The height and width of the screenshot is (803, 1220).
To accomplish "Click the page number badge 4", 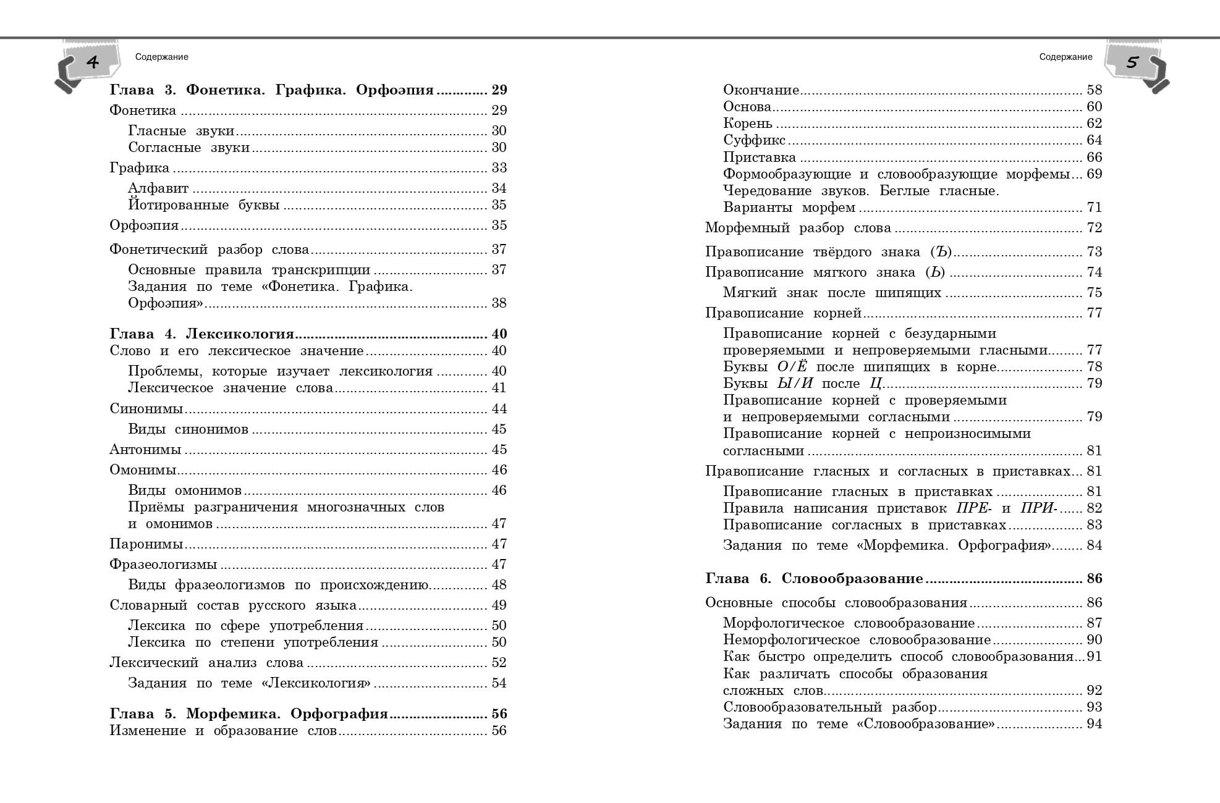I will pyautogui.click(x=92, y=62).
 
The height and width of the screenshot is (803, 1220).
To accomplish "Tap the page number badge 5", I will pyautogui.click(x=1132, y=62).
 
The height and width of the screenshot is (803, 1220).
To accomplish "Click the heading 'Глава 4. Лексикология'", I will pyautogui.click(x=201, y=334).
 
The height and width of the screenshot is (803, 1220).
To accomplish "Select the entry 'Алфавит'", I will pyautogui.click(x=158, y=188).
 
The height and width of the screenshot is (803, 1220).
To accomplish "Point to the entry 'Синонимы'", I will pyautogui.click(x=146, y=409).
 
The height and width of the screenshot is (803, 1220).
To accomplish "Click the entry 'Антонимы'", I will pyautogui.click(x=145, y=450).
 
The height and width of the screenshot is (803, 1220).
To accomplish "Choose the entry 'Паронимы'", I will pyautogui.click(x=146, y=544).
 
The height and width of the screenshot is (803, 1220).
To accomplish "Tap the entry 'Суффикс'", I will pyautogui.click(x=754, y=140).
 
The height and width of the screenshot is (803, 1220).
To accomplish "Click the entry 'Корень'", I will pyautogui.click(x=747, y=124).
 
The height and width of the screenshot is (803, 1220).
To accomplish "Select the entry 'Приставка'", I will pyautogui.click(x=760, y=158).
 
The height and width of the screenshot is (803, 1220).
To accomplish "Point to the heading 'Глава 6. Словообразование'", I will pyautogui.click(x=814, y=579).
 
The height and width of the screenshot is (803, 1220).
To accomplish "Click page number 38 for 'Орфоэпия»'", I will pyautogui.click(x=499, y=303).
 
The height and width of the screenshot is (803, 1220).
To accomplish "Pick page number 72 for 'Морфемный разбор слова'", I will pyautogui.click(x=1094, y=228).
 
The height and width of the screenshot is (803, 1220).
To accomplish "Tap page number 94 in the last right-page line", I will pyautogui.click(x=1094, y=724).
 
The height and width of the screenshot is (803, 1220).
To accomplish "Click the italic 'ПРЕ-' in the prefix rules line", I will pyautogui.click(x=973, y=508).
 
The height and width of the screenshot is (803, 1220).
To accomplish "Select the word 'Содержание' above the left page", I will pyautogui.click(x=161, y=57).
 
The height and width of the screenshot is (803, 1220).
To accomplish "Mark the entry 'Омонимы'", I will pyautogui.click(x=143, y=470).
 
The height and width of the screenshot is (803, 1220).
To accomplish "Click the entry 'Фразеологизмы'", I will pyautogui.click(x=163, y=565).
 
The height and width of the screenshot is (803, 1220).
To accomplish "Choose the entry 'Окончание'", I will pyautogui.click(x=761, y=90).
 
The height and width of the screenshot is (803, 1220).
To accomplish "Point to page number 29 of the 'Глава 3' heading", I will pyautogui.click(x=499, y=90).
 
